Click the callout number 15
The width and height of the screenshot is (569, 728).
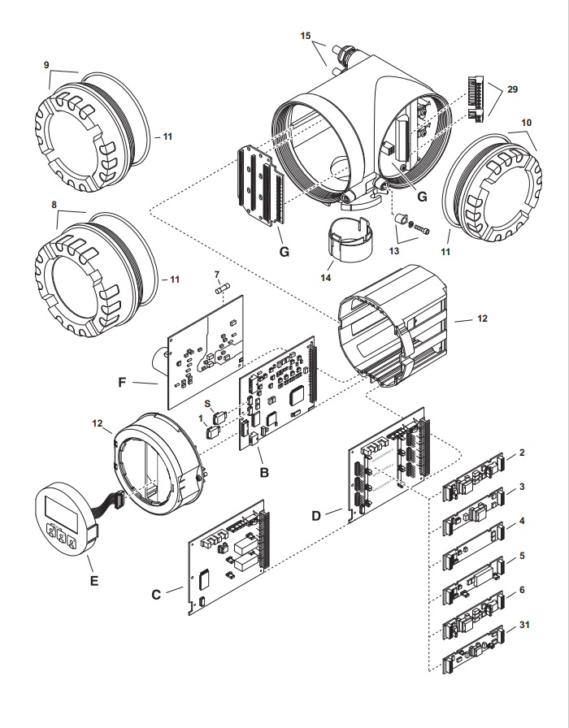point(306,37)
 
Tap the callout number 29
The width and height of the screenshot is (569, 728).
point(512,89)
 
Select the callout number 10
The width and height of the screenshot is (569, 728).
point(526,122)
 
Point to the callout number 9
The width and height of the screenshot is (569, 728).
point(47,65)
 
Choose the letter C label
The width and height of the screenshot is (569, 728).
point(156,594)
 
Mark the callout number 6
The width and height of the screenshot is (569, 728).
point(522,590)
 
